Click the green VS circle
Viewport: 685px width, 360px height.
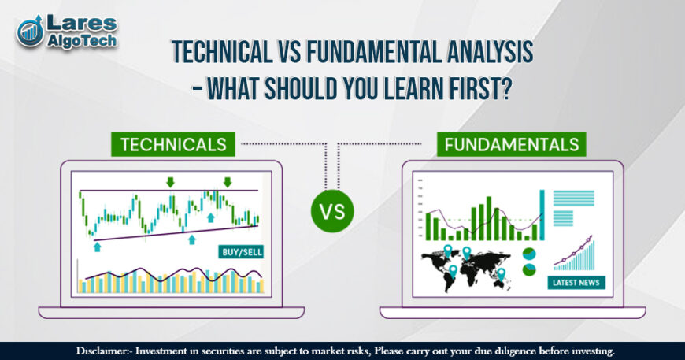332,210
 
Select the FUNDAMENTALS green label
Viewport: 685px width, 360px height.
510,144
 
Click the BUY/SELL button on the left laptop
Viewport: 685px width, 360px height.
240,252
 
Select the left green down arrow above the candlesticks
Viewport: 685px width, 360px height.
170,183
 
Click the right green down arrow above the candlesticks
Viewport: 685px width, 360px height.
227,183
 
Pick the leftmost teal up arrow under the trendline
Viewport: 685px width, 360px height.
97,246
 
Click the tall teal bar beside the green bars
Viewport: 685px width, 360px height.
542,214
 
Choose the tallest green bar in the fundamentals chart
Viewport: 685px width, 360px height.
489,217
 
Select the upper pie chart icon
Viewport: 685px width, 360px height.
529,254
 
